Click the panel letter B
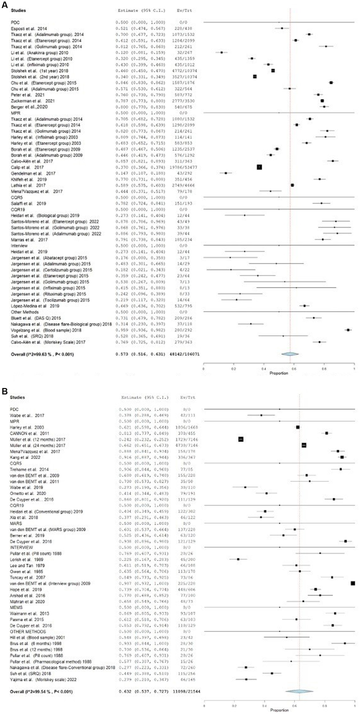click(x=4, y=391)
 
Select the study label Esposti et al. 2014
click(x=29, y=29)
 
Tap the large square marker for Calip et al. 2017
click(x=259, y=167)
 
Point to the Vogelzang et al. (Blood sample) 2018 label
click(x=46, y=330)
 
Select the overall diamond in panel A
click(x=290, y=354)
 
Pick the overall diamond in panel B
click(x=299, y=691)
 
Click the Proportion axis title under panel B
click(x=279, y=710)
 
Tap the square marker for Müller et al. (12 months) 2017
click(x=241, y=439)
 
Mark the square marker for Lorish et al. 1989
click(x=238, y=559)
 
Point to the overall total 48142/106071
click(x=186, y=354)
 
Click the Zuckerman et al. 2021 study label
click(x=33, y=101)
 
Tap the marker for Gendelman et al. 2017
click(x=226, y=173)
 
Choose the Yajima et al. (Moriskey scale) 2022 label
click(x=43, y=679)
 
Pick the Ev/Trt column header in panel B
click(x=188, y=397)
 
